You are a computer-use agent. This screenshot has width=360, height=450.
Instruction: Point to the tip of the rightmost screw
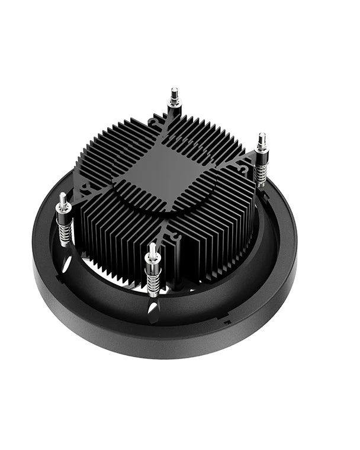click(x=261, y=137)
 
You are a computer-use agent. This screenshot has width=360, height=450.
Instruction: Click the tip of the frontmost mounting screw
click(x=152, y=247)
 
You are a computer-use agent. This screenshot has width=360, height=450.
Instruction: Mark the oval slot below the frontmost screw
click(x=153, y=308)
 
